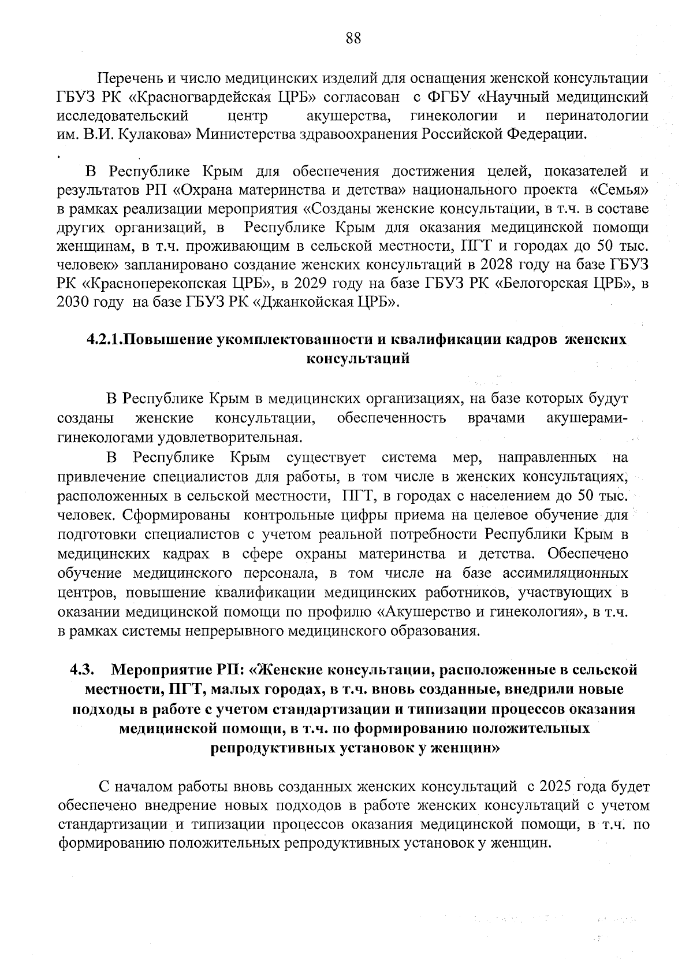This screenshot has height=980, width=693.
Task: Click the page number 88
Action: point(353,39)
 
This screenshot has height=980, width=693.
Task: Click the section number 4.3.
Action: point(82,670)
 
